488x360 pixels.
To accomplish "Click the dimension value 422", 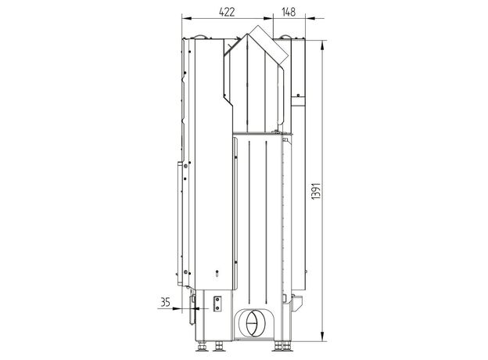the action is point(227,12).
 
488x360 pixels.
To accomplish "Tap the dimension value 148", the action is point(289,12).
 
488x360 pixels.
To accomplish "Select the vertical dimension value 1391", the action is point(316,191).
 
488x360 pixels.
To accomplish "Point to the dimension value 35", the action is point(165,302).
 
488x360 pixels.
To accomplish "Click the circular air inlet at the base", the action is point(253,323).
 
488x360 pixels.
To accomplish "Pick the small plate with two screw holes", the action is point(217,304).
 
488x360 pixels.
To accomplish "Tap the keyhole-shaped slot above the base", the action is point(217,273).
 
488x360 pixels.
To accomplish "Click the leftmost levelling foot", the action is point(202,346).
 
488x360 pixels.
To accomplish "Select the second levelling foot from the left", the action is point(219,346).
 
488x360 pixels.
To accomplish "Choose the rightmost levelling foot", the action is point(287,346).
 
